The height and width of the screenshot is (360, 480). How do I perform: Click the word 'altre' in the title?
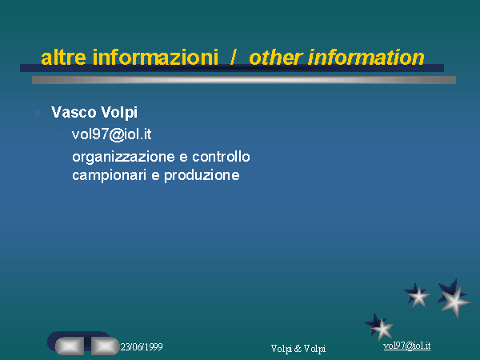pos(63,58)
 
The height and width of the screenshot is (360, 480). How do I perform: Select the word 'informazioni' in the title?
pos(155,58)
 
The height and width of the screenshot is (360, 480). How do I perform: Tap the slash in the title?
pos(233,58)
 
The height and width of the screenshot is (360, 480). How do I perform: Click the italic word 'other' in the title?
pos(276,58)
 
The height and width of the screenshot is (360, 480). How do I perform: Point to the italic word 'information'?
pos(366,58)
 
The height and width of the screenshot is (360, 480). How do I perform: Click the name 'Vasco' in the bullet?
pos(74,112)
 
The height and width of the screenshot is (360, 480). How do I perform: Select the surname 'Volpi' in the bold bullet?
pos(119,113)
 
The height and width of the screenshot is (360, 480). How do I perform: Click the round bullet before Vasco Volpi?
pos(38,113)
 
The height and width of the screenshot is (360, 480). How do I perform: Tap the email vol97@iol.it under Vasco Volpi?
pos(112,134)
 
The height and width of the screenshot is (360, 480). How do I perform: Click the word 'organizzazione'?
pos(124,158)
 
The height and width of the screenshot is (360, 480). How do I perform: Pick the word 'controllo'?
pos(221,157)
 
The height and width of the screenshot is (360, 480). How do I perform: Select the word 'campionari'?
pos(110,176)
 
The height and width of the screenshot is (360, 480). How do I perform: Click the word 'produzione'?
pos(202,176)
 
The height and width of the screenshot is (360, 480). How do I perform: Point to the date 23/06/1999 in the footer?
pos(142,347)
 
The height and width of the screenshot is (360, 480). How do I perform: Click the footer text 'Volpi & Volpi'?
pos(298,348)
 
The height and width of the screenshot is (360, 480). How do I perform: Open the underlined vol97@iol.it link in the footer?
pos(407,346)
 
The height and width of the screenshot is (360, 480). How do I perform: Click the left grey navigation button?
pos(70,346)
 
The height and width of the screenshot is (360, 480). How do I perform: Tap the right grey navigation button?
pos(105,346)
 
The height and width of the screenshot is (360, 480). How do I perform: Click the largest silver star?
pos(454,302)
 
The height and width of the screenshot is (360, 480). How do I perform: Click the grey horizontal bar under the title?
pos(244,80)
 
